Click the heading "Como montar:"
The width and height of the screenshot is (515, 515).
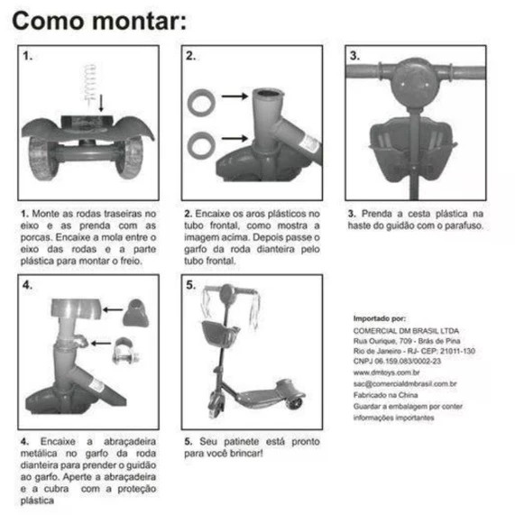click(x=99, y=21)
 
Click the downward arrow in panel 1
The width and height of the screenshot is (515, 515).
click(x=101, y=103)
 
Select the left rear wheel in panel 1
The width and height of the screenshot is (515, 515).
click(x=42, y=159)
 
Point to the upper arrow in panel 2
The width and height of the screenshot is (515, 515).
click(x=235, y=97)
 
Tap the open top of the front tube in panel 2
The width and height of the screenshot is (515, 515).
click(x=268, y=93)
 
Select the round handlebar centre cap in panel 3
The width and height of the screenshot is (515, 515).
click(x=415, y=83)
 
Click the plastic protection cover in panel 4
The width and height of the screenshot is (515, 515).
click(x=135, y=313)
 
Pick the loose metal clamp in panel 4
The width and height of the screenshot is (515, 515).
click(x=125, y=351)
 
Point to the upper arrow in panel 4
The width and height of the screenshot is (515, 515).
click(x=113, y=309)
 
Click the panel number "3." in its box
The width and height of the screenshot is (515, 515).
click(x=354, y=56)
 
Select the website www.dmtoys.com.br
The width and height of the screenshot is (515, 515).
click(x=387, y=372)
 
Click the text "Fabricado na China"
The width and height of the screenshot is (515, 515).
click(x=386, y=395)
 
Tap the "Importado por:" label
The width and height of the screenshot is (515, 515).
click(x=380, y=318)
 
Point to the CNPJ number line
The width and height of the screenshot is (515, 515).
click(x=397, y=361)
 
